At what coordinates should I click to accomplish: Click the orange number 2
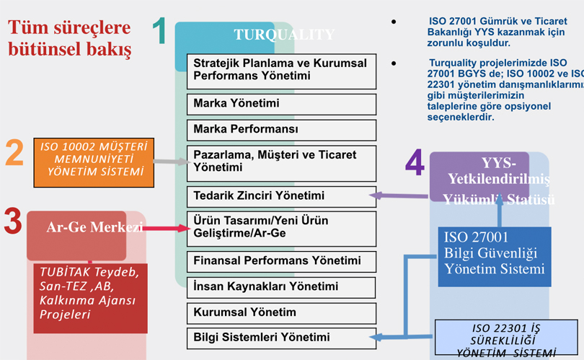pyautogui.click(x=15, y=153)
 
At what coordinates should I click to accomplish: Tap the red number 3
pyautogui.click(x=12, y=221)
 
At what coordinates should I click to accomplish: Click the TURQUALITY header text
pyautogui.click(x=283, y=35)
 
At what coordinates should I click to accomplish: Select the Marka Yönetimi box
pyautogui.click(x=280, y=104)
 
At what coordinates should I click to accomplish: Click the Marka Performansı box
pyautogui.click(x=280, y=130)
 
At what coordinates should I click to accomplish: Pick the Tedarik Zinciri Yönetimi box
pyautogui.click(x=280, y=196)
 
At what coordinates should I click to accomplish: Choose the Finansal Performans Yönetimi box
pyautogui.click(x=280, y=260)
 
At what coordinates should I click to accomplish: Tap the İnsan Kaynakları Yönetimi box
pyautogui.click(x=280, y=286)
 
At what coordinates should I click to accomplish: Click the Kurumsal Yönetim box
pyautogui.click(x=280, y=313)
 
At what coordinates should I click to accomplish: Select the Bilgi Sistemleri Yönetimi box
pyautogui.click(x=280, y=337)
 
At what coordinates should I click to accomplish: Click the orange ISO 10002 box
pyautogui.click(x=94, y=162)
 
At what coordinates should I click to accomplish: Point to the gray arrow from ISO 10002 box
pyautogui.click(x=172, y=162)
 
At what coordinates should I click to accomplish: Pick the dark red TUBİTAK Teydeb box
pyautogui.click(x=90, y=297)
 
